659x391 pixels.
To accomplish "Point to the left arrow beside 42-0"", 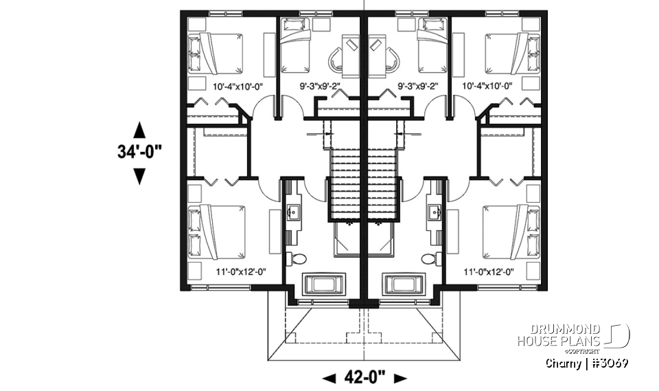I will point(329,377).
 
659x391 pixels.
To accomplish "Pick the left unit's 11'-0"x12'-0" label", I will point(240,272).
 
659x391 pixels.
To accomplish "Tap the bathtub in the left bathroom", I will point(321,284).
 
